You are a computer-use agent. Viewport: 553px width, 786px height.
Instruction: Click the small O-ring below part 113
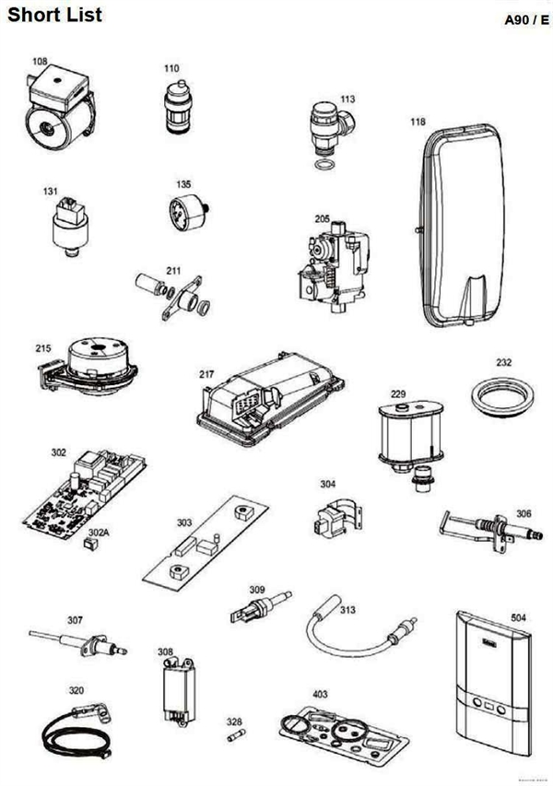(x=324, y=166)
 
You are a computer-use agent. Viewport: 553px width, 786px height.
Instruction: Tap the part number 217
(x=206, y=375)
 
